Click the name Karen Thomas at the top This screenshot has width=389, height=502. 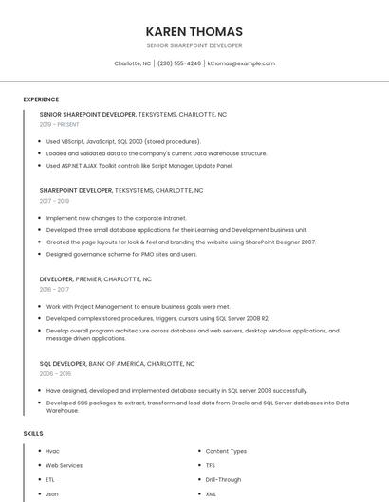(194, 31)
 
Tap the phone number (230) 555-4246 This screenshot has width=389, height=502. (179, 63)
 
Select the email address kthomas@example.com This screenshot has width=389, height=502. (241, 63)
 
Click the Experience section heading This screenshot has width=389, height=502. (41, 99)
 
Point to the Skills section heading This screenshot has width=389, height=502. (33, 433)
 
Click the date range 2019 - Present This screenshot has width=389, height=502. (60, 124)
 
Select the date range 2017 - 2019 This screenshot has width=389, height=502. (54, 201)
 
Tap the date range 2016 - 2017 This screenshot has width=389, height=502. (54, 290)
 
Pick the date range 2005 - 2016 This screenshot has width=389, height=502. (55, 373)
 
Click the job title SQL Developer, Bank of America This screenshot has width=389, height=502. (117, 363)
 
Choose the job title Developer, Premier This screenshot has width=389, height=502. (95, 279)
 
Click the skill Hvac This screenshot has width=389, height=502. (52, 451)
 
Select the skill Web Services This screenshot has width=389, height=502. (64, 465)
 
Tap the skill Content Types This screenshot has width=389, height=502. (226, 451)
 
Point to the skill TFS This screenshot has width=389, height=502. (211, 465)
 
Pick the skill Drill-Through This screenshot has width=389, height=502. (223, 479)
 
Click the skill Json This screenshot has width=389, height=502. (52, 493)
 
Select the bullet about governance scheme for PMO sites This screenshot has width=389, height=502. (121, 254)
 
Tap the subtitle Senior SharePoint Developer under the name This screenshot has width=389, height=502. (194, 45)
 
